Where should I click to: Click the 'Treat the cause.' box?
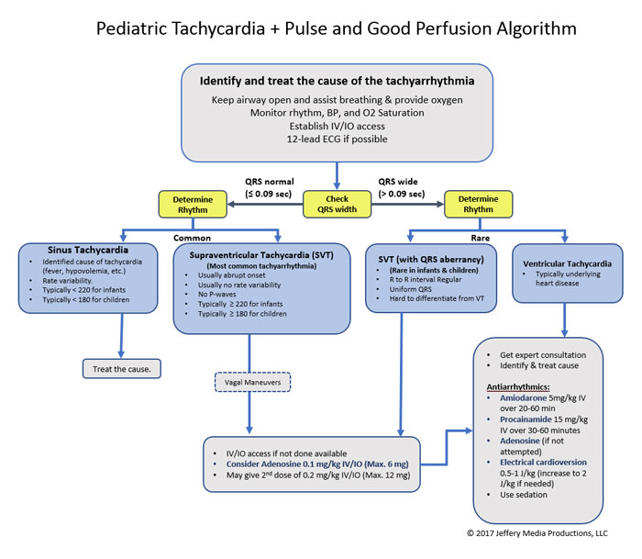tap(121, 369)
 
